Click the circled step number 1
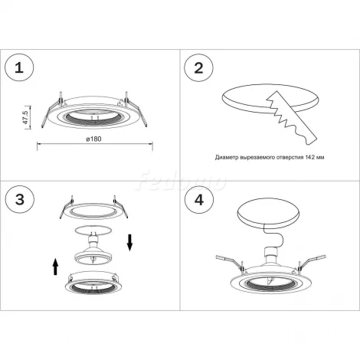click(x=19, y=68)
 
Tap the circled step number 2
click(x=198, y=68)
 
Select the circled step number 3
click(x=20, y=199)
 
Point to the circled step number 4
click(x=199, y=199)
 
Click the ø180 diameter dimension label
click(x=93, y=139)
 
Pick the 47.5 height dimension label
click(x=26, y=117)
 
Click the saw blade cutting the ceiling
click(x=291, y=118)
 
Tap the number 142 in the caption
click(x=309, y=157)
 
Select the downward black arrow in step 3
click(x=130, y=243)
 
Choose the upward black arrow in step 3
click(x=55, y=267)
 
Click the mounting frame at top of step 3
click(x=93, y=208)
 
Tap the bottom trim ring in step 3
click(x=93, y=284)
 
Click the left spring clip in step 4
click(x=229, y=262)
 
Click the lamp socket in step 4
click(x=270, y=256)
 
